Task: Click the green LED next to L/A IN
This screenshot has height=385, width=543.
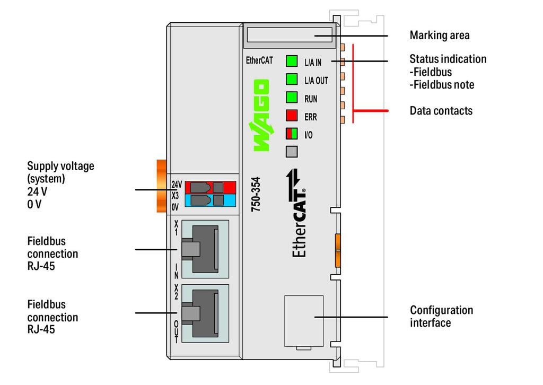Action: click(291, 61)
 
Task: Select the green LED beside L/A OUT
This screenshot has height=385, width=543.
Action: click(291, 80)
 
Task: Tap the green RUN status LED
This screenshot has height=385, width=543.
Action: click(291, 98)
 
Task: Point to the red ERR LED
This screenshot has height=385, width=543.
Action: click(291, 116)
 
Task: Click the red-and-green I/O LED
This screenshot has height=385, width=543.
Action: click(291, 134)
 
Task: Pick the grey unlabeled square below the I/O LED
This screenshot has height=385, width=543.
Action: click(291, 152)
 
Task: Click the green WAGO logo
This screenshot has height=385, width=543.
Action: click(260, 116)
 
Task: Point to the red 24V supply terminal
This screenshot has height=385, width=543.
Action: click(210, 187)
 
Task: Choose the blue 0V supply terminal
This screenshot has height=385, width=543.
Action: click(210, 200)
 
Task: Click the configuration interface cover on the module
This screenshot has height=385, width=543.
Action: click(304, 321)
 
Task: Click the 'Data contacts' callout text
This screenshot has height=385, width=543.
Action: click(441, 111)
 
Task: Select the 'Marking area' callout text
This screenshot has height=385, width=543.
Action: click(440, 36)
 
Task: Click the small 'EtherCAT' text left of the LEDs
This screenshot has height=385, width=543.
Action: click(259, 60)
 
